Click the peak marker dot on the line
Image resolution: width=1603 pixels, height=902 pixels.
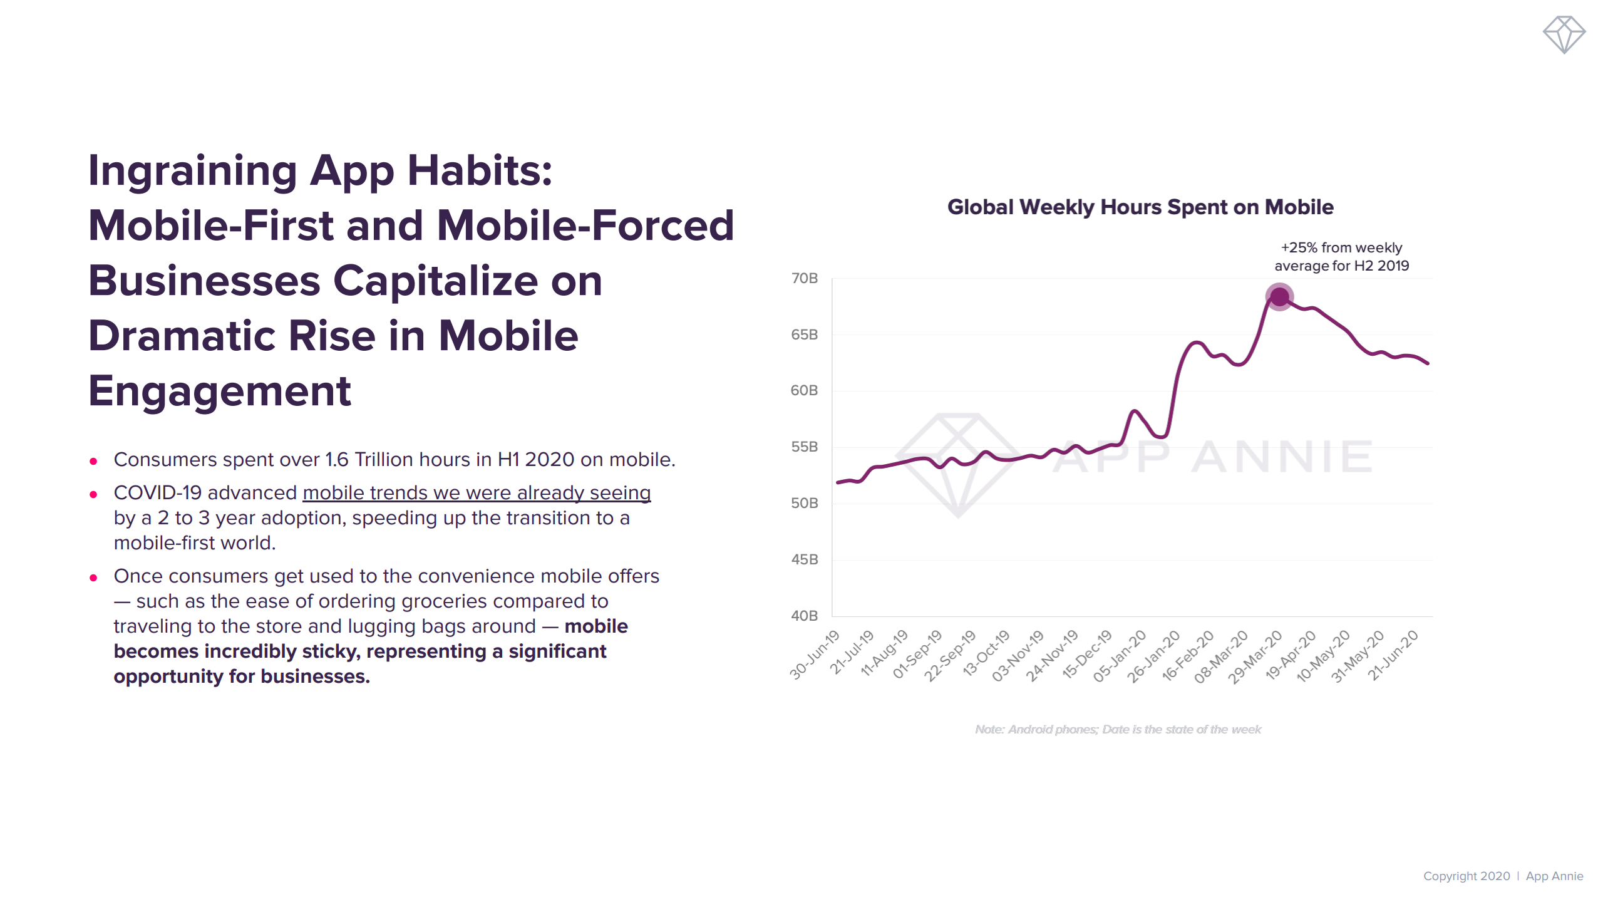tap(1279, 296)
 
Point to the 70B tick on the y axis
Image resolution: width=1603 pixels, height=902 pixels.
tap(805, 278)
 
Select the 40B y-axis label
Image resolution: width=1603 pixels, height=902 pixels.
tap(805, 616)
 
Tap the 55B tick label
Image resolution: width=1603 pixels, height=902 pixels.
tap(805, 447)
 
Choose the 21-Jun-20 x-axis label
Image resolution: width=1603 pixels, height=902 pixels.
tap(1393, 656)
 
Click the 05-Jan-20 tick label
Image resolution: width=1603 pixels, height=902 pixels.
tap(1120, 656)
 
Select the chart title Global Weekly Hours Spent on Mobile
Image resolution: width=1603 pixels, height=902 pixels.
tap(1140, 207)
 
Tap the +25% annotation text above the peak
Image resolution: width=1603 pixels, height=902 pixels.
tap(1341, 257)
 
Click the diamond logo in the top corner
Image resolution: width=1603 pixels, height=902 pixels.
tap(1564, 34)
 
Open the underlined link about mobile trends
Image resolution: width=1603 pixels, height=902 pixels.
tap(477, 493)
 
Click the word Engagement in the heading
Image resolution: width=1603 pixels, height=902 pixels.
tap(220, 391)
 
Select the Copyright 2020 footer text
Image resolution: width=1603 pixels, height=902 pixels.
tap(1466, 876)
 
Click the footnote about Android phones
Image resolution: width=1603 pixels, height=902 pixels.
tap(1118, 729)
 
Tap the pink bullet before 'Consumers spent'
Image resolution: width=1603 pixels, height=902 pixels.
tap(93, 462)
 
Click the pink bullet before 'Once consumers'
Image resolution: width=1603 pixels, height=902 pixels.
tap(93, 578)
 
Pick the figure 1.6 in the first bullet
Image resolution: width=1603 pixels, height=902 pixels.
tap(337, 460)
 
